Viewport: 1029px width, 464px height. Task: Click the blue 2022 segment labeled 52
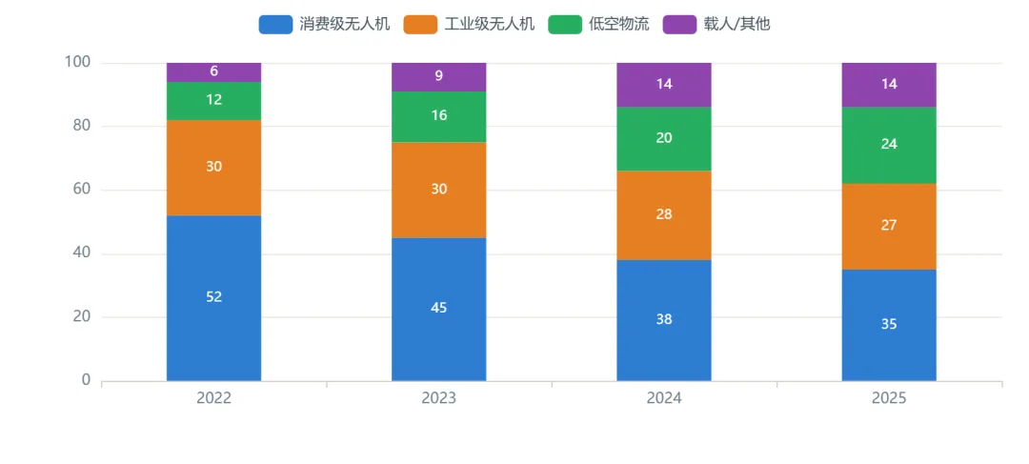214,298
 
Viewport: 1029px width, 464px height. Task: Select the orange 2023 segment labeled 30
439,190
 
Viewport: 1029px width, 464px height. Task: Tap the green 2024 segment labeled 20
664,138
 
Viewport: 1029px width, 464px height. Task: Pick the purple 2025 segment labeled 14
889,85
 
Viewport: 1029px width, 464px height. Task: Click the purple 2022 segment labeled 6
214,72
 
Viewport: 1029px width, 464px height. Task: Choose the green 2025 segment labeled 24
889,145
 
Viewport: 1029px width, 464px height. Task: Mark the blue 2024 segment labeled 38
664,320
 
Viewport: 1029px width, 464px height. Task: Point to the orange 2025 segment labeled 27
889,227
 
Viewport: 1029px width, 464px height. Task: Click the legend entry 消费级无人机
325,25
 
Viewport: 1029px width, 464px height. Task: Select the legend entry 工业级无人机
469,25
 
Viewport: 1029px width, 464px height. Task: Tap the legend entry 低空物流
598,25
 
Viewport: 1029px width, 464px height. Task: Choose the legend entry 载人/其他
716,25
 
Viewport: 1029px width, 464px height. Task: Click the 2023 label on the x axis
439,398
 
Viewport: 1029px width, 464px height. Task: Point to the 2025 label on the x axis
889,398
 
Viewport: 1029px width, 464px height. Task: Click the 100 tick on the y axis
77,63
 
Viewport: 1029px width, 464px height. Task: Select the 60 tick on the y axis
82,191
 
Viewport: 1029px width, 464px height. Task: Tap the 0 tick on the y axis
87,381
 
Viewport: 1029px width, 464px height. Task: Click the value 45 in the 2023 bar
439,308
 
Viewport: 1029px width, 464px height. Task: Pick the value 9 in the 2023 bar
439,76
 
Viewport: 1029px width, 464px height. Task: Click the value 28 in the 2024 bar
664,214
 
